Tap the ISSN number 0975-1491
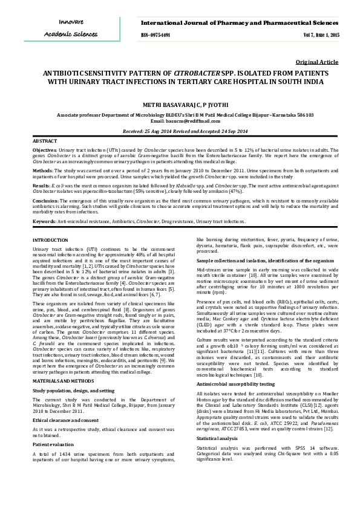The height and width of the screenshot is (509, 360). click(x=155, y=36)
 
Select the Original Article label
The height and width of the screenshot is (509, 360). click(x=317, y=62)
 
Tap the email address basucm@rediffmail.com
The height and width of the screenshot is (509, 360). click(x=193, y=120)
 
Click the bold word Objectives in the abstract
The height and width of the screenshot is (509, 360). click(x=45, y=149)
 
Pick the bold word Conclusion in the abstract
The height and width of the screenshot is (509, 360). click(x=45, y=199)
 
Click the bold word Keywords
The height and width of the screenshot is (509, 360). click(x=44, y=221)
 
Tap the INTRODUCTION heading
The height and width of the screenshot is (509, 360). click(x=50, y=241)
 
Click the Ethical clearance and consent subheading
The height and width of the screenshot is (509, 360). click(x=65, y=402)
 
